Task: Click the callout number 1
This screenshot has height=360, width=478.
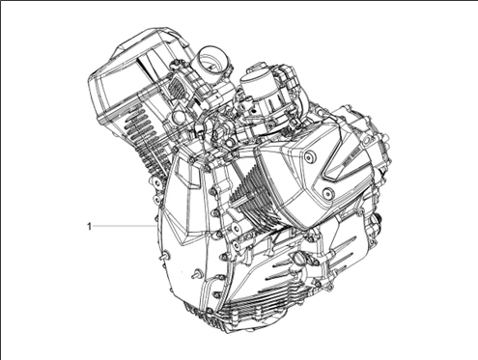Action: (90, 226)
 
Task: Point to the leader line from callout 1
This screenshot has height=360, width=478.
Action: (121, 226)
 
